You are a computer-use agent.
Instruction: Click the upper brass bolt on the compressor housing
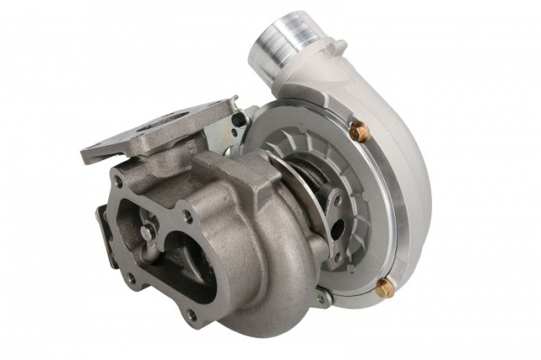tap(358, 132)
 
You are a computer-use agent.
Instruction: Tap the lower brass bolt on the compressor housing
tap(384, 288)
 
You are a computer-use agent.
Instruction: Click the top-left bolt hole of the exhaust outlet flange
tap(118, 183)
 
